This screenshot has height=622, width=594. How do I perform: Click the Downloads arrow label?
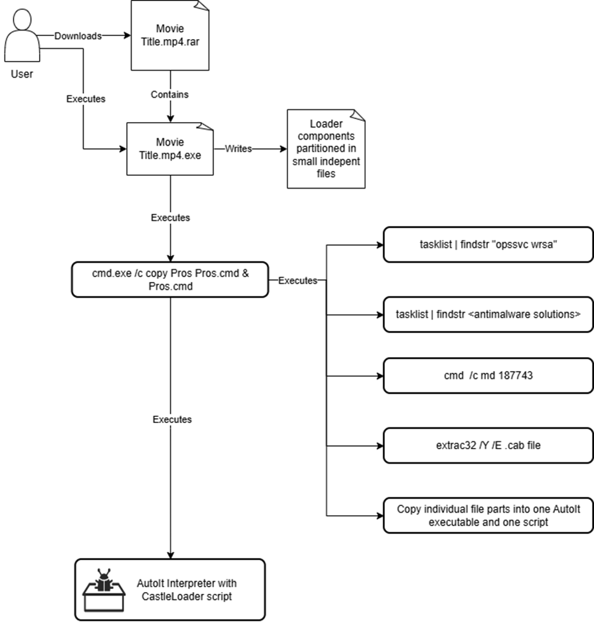point(78,36)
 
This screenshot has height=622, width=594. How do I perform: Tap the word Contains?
point(170,95)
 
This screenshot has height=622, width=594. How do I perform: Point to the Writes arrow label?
point(238,148)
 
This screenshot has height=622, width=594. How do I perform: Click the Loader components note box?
point(326,148)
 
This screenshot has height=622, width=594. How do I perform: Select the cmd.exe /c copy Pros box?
point(170,280)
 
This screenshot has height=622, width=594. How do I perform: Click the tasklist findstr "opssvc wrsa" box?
point(488,245)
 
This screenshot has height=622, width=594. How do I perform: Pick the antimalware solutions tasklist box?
point(488,314)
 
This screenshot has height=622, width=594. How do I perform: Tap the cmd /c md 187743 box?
point(488,375)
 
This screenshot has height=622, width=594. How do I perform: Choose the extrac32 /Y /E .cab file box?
point(488,445)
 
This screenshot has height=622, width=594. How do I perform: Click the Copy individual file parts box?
point(488,515)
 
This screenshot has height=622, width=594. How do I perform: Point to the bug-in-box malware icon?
point(102,590)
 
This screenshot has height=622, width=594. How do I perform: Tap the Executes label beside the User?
point(85,98)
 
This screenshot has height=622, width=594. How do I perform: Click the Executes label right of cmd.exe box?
point(298,280)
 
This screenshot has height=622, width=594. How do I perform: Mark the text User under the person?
point(22,74)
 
